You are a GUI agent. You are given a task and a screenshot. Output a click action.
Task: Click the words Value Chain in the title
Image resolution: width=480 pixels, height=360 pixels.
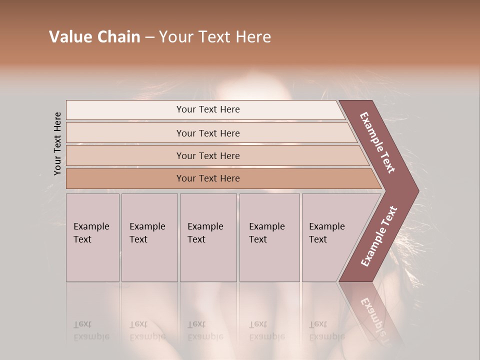pyautogui.click(x=94, y=37)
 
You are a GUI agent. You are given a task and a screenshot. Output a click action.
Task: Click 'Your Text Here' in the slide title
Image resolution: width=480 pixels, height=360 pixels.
pyautogui.click(x=215, y=37)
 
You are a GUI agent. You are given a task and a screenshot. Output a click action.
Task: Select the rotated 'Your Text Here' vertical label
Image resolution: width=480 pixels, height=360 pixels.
pyautogui.click(x=57, y=143)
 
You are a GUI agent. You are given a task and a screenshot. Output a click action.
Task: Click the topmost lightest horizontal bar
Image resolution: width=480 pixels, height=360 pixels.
pyautogui.click(x=207, y=109)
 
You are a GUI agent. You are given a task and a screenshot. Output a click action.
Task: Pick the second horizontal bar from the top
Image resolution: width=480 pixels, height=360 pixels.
pyautogui.click(x=207, y=133)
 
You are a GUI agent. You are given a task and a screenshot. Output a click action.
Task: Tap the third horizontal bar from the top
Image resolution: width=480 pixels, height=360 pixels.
pyautogui.click(x=207, y=155)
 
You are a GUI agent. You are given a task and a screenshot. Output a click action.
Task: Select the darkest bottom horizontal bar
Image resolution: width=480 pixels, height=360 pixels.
pyautogui.click(x=207, y=178)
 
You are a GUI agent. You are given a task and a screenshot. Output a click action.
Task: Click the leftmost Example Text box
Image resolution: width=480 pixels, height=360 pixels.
pyautogui.click(x=92, y=237)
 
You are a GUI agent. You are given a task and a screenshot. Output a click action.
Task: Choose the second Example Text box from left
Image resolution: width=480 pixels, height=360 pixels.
pyautogui.click(x=149, y=237)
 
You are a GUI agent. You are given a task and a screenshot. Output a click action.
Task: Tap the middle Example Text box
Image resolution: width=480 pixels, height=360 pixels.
pyautogui.click(x=207, y=237)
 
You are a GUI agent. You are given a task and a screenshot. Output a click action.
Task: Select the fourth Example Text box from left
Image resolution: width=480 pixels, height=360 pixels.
pyautogui.click(x=269, y=237)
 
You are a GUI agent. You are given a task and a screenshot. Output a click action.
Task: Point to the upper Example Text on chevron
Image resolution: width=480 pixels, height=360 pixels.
pyautogui.click(x=377, y=142)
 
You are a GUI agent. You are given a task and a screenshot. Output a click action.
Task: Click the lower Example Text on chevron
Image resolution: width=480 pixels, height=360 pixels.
pyautogui.click(x=378, y=236)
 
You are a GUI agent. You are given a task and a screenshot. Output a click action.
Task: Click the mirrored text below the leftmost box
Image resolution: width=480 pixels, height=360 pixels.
pyautogui.click(x=91, y=330)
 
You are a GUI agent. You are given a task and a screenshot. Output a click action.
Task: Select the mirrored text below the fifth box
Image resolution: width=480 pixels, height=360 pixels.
pyautogui.click(x=326, y=330)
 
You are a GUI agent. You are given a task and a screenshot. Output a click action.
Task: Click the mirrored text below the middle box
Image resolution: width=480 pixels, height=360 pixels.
pyautogui.click(x=205, y=330)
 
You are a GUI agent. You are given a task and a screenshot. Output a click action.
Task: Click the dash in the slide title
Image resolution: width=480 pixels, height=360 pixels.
pyautogui.click(x=149, y=37)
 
